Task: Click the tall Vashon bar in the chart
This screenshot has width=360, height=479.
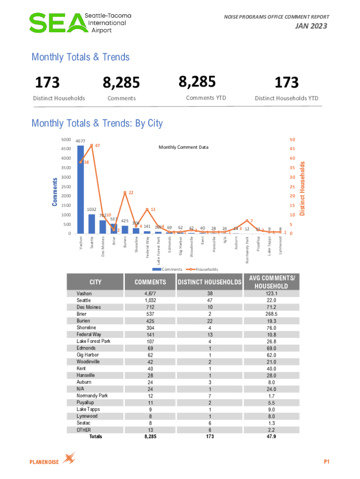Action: [80, 189]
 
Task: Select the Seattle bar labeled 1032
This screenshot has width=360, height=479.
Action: [92, 224]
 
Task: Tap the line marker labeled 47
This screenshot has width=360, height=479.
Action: [92, 145]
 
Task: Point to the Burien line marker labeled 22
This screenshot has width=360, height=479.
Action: [125, 192]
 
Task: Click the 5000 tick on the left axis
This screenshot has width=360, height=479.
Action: [65, 139]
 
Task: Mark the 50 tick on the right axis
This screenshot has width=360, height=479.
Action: [293, 139]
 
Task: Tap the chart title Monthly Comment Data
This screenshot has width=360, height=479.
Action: [184, 147]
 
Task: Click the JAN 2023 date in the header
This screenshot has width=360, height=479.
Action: [310, 26]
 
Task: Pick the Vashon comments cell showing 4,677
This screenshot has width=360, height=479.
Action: [150, 293]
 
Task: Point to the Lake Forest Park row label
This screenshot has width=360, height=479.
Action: [94, 341]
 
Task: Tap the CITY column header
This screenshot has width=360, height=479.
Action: [95, 282]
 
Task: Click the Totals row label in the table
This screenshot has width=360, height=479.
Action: [95, 436]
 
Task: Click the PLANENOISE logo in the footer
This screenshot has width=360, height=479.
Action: [52, 461]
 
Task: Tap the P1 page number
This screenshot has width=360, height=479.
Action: [327, 462]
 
